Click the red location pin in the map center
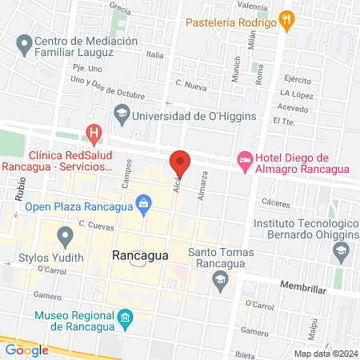(180, 163)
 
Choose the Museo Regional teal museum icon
(126, 320)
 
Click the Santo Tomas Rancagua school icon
(219, 280)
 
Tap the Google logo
(27, 350)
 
